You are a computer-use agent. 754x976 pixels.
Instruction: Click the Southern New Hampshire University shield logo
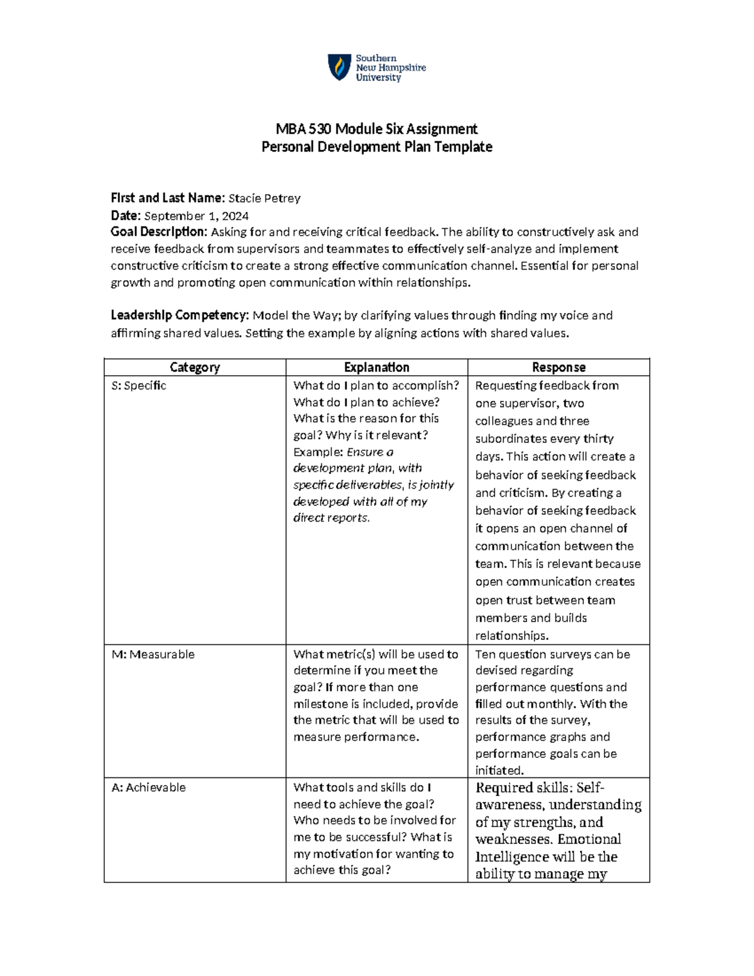[x=339, y=67]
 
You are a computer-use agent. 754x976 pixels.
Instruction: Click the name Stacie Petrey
[x=264, y=199]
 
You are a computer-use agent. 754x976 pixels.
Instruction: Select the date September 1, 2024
[x=196, y=216]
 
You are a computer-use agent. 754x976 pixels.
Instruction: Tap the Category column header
[x=195, y=368]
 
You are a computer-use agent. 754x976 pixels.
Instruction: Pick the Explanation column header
[x=376, y=368]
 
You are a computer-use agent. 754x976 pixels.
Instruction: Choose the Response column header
[x=559, y=368]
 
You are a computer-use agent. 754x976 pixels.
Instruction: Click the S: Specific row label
[x=139, y=386]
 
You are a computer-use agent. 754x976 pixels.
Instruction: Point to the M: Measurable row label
[x=153, y=655]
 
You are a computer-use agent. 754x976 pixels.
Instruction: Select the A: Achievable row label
[x=149, y=787]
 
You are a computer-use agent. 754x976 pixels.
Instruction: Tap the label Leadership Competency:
[x=180, y=315]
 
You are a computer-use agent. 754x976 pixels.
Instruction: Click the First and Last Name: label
[x=167, y=199]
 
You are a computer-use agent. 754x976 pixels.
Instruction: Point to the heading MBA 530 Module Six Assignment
[x=376, y=129]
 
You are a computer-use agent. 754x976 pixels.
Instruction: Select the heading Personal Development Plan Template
[x=376, y=147]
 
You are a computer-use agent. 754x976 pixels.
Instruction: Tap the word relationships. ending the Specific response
[x=511, y=636]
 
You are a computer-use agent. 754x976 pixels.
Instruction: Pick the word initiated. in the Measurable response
[x=500, y=770]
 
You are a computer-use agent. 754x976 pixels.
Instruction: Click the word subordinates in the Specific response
[x=510, y=439]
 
